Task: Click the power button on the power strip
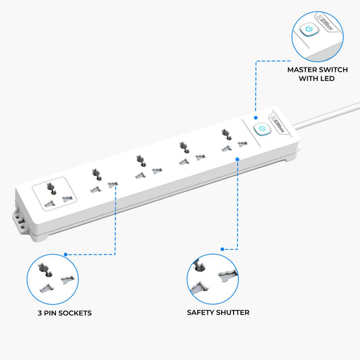[263, 129]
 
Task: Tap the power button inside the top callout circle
[309, 29]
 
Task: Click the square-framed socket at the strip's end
[55, 194]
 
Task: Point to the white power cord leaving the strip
[326, 115]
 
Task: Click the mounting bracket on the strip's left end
[19, 220]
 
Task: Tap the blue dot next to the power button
[256, 118]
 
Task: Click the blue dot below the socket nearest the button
[237, 159]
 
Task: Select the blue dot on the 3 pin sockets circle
[66, 255]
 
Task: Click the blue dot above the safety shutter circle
[222, 249]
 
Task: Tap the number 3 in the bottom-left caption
[40, 313]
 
